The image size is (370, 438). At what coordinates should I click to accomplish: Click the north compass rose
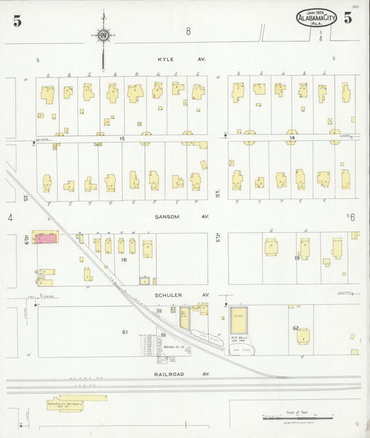point(103,35)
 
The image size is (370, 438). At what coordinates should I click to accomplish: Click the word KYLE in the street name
point(165,59)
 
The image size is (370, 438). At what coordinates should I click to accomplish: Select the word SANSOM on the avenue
point(167,216)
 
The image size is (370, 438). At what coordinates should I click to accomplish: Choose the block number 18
point(124,259)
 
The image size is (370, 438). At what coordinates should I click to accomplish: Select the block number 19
point(296,258)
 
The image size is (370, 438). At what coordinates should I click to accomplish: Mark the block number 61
point(125,332)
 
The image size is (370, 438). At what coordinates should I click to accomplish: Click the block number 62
point(295,328)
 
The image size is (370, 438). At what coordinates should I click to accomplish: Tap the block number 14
point(292,139)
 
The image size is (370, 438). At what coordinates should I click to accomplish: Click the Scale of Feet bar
point(290,418)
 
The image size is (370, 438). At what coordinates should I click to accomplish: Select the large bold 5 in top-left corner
point(17,21)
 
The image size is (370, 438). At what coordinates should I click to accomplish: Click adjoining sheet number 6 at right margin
point(352,218)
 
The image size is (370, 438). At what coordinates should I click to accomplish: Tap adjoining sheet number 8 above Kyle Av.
point(187,31)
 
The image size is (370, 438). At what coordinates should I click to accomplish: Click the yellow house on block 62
point(303,335)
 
